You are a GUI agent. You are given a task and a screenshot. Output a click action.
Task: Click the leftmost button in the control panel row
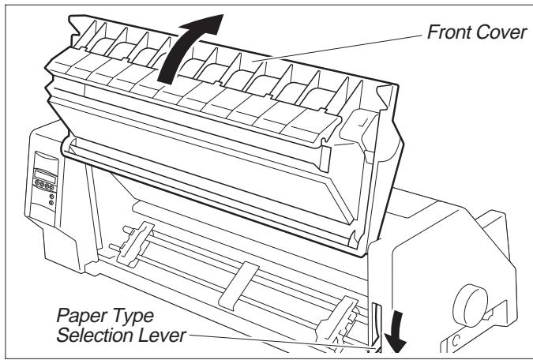pyautogui.click(x=36, y=188)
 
